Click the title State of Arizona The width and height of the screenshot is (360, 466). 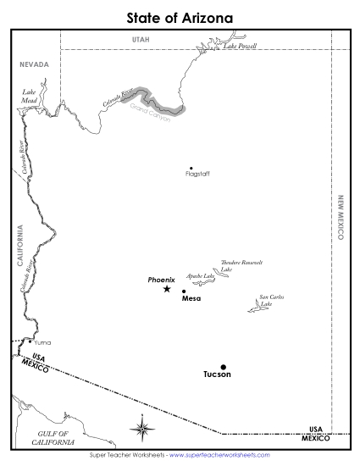[180, 17]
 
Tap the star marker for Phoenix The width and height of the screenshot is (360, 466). [167, 289]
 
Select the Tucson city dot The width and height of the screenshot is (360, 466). [224, 367]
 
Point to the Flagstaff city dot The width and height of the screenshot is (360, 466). [191, 168]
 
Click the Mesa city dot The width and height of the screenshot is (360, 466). [184, 291]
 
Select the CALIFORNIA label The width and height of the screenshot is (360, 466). [19, 247]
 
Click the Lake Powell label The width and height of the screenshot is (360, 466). [240, 46]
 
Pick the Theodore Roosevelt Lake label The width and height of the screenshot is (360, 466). [236, 266]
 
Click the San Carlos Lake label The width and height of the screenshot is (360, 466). [271, 300]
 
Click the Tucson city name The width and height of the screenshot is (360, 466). [217, 374]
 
